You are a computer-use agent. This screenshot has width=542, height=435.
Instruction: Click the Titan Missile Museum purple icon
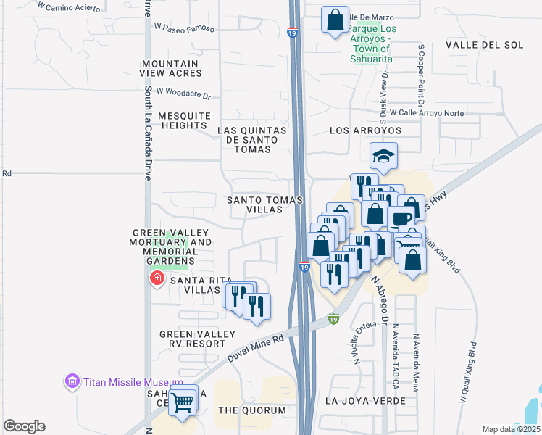(72, 381)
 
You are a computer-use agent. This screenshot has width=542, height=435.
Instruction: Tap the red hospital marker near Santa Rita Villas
(156, 278)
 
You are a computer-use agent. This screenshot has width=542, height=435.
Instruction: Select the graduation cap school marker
(383, 156)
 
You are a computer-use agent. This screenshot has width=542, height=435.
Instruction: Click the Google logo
(24, 426)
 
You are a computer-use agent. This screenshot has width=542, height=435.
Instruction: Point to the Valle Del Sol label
(484, 45)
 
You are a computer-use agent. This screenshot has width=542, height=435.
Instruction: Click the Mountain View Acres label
(172, 69)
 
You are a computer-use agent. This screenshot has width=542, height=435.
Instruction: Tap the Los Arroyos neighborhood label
(365, 130)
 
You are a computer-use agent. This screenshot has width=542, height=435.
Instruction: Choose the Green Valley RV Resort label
(198, 339)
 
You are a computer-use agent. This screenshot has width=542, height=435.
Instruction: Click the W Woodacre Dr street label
(182, 94)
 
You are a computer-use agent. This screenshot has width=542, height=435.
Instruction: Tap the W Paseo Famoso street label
(185, 28)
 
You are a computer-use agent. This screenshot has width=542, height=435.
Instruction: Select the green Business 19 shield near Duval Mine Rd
(333, 318)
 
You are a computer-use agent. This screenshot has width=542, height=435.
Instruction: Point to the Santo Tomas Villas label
(254, 204)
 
